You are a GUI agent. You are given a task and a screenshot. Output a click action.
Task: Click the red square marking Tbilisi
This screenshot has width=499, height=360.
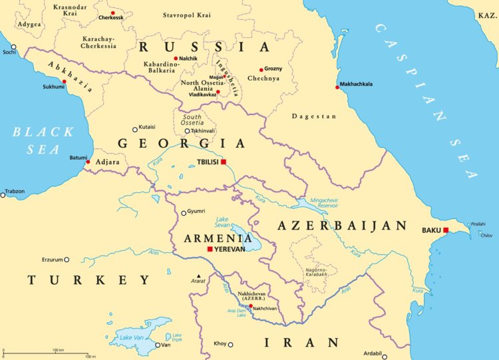click(224, 162)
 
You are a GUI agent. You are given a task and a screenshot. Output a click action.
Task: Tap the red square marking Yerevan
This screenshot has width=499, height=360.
click(210, 249)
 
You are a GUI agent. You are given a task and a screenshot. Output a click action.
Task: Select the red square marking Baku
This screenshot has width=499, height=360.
click(446, 230)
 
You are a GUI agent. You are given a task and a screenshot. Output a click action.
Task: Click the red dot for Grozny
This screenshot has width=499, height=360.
click(261, 69)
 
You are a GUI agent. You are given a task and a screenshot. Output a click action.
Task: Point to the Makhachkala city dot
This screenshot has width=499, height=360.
click(337, 87)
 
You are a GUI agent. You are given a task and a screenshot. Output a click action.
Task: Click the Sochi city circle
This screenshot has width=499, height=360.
click(13, 47)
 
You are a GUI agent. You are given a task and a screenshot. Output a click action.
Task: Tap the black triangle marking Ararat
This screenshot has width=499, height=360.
click(198, 275)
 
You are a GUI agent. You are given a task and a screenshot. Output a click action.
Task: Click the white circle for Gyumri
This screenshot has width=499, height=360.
click(184, 213)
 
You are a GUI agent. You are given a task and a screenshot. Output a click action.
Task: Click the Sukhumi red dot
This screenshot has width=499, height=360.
click(65, 82)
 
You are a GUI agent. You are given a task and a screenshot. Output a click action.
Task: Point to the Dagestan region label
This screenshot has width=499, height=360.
click(314, 116)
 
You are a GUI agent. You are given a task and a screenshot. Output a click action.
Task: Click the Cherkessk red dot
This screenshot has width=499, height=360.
click(113, 13)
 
